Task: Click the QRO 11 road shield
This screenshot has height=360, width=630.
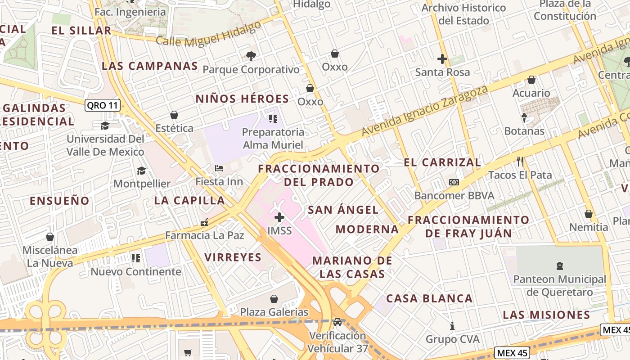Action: (103, 106)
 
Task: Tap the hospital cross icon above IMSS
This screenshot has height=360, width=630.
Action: (279, 218)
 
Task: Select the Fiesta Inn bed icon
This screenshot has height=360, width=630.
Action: (219, 169)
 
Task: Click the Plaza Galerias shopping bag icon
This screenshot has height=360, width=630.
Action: (274, 299)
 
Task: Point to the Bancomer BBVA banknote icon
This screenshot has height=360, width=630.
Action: (454, 182)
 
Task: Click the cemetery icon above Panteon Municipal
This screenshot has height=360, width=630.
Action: (560, 266)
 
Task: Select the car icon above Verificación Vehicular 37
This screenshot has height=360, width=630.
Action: (337, 322)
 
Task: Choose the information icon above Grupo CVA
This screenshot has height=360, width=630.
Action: (453, 326)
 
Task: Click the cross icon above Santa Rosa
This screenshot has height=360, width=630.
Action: (442, 59)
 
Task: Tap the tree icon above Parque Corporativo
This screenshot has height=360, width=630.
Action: (251, 56)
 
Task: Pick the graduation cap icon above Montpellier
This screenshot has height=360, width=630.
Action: (142, 171)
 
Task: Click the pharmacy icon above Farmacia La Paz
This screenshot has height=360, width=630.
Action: (205, 222)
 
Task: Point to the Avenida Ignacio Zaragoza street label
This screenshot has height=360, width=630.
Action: (425, 111)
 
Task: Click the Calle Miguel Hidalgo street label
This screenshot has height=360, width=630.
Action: (208, 34)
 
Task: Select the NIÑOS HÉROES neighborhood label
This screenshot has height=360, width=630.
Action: (242, 99)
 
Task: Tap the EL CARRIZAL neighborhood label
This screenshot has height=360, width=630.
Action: (442, 162)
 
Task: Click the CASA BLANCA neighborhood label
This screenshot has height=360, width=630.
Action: (429, 298)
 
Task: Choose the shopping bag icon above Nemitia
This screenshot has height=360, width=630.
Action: (589, 214)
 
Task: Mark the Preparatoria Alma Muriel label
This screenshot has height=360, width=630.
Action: (273, 139)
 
